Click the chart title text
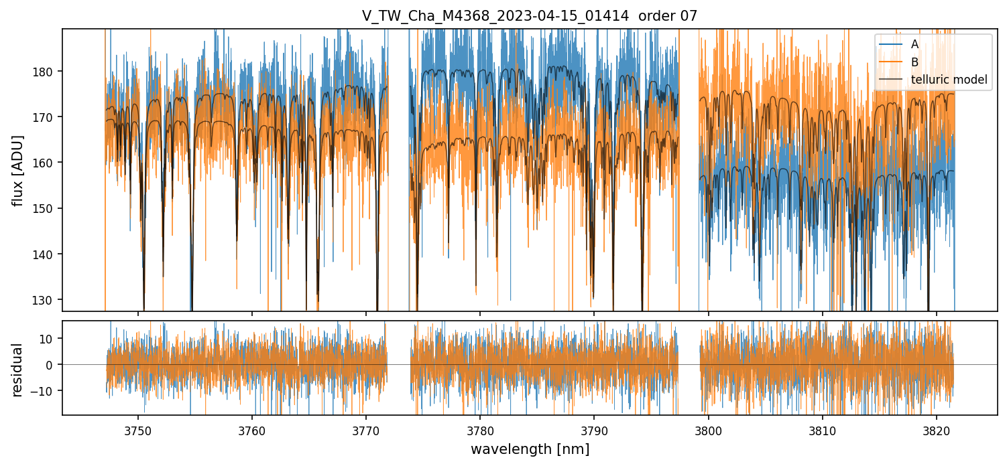pyautogui.click(x=530, y=16)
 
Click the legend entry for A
pyautogui.click(x=914, y=44)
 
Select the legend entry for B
pyautogui.click(x=914, y=62)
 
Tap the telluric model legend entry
pyautogui.click(x=949, y=80)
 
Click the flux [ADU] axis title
pyautogui.click(x=18, y=170)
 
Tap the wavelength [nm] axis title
pyautogui.click(x=530, y=449)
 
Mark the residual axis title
pyautogui.click(x=18, y=370)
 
